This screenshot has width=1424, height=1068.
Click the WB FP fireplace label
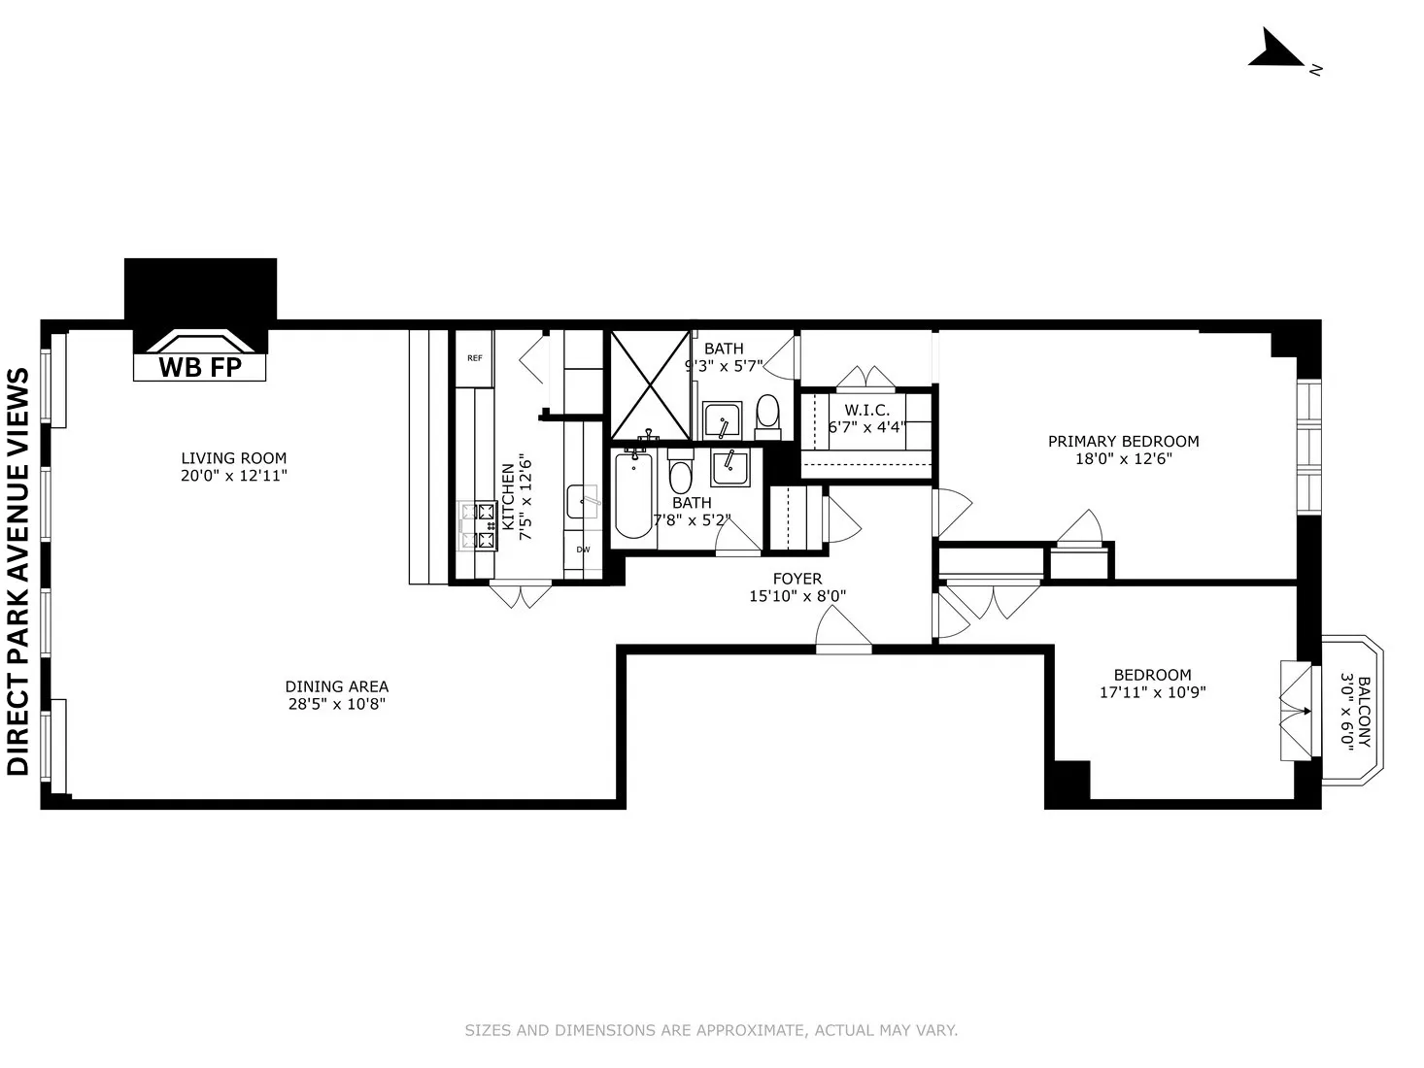click(x=199, y=368)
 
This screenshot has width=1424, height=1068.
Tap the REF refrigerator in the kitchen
click(x=475, y=358)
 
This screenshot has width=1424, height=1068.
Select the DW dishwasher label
click(x=583, y=550)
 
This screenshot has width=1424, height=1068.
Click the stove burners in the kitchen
click(x=477, y=524)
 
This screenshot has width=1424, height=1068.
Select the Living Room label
click(x=234, y=458)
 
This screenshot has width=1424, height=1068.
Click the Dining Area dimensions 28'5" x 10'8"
click(x=337, y=704)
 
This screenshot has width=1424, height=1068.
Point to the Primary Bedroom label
click(x=1123, y=441)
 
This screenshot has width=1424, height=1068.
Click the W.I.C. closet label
click(x=866, y=411)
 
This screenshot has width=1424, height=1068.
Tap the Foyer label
click(x=797, y=579)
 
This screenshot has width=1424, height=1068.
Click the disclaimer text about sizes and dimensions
click(x=711, y=1030)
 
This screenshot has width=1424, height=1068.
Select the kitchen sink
click(x=583, y=500)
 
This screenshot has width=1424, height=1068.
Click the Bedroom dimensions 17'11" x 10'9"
click(x=1152, y=692)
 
